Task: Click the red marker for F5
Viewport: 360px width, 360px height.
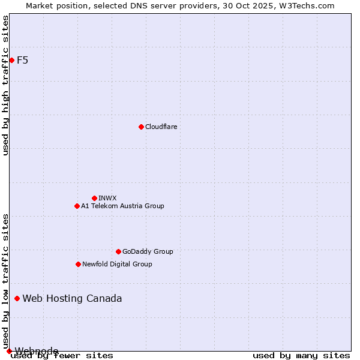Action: point(11,60)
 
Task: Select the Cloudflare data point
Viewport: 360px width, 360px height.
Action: point(141,127)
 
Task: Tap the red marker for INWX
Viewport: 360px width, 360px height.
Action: point(94,198)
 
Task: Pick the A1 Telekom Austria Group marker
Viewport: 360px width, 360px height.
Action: point(77,206)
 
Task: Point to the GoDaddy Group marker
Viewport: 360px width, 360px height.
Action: point(118,251)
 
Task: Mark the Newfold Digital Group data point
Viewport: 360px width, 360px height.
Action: point(78,264)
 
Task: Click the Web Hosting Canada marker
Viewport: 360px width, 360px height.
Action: point(17,298)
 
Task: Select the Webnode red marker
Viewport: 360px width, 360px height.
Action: point(9,351)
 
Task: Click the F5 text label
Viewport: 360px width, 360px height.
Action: point(23,60)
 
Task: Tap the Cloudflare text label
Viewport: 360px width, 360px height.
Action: point(161,127)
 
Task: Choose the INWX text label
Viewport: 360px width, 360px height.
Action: point(107,198)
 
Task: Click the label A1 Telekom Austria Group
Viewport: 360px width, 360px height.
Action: point(122,206)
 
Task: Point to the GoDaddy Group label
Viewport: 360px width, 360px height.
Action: point(148,251)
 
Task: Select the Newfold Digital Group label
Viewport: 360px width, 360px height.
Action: point(117,264)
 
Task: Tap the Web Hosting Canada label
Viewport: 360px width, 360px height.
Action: point(72,298)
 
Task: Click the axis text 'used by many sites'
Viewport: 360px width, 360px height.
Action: point(301,356)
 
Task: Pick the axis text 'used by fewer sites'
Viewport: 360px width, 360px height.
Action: point(62,356)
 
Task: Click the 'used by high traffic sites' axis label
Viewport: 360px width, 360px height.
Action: point(5,85)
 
